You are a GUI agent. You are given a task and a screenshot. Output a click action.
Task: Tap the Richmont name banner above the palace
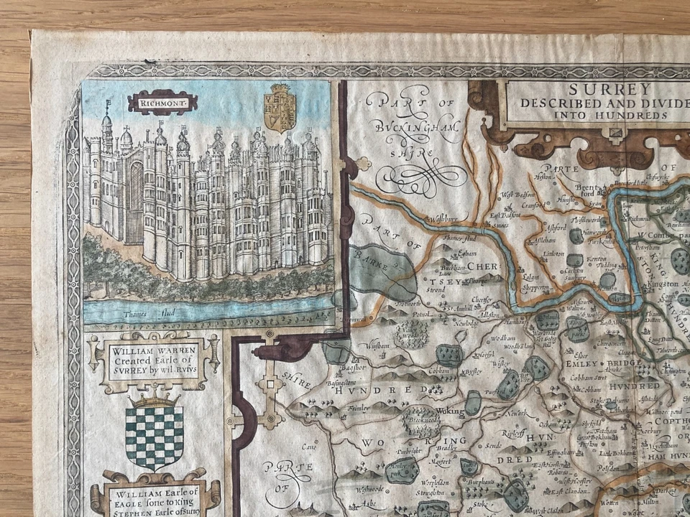[x=162, y=103]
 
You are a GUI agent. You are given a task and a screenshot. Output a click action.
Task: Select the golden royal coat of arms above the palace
[x=280, y=108]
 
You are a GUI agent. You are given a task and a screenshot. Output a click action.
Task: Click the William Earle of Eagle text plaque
[x=153, y=497]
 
